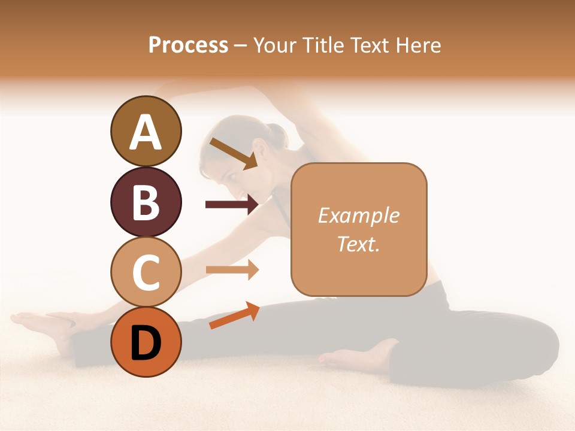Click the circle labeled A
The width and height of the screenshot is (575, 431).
coord(146,131)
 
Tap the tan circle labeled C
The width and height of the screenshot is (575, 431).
coord(146,272)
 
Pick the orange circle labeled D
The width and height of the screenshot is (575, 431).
coord(146,342)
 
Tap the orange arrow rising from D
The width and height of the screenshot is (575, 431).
coord(234,315)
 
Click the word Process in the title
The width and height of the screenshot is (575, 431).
coord(188,45)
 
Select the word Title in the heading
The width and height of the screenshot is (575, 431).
coord(327,45)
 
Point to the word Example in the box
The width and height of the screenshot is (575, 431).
coord(358,215)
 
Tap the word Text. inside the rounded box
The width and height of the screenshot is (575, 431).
coord(358,244)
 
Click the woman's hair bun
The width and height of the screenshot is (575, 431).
coord(277,133)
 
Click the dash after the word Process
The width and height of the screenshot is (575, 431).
coord(240,45)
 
